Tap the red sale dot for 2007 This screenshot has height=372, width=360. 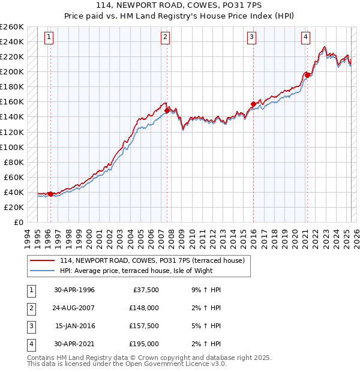(x=167, y=110)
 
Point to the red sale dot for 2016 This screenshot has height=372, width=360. (x=253, y=104)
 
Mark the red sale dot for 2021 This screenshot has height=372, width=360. (x=307, y=75)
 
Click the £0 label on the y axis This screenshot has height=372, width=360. (x=18, y=222)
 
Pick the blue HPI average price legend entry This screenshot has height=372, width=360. (x=145, y=271)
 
